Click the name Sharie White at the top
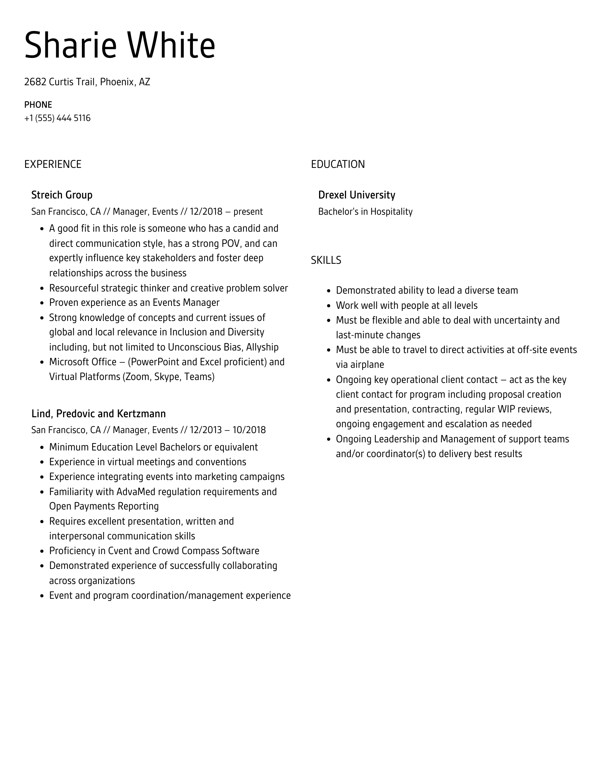tap(120, 46)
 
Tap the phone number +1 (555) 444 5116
tap(57, 118)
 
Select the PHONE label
tap(38, 105)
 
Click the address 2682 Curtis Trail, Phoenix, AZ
tap(87, 82)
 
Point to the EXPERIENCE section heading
tap(53, 164)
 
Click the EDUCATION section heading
tap(338, 164)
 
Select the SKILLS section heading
tap(326, 260)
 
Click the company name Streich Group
tap(62, 195)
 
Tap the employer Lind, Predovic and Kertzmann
tap(98, 414)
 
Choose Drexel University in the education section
tap(356, 195)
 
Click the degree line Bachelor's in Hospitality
tap(365, 212)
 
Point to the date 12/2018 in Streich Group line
tap(206, 212)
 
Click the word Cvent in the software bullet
tap(120, 551)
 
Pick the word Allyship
tap(262, 347)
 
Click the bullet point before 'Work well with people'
tap(329, 306)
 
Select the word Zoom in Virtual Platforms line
tap(138, 377)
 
